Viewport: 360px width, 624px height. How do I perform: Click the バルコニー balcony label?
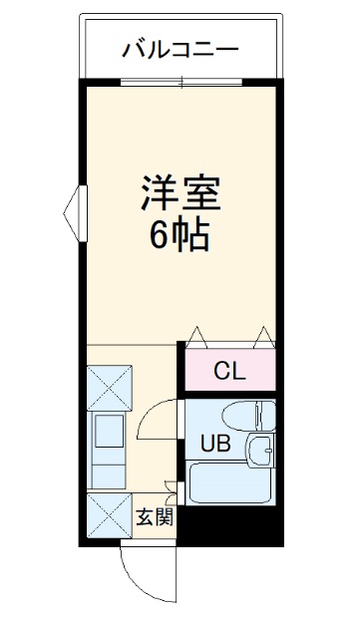click(180, 48)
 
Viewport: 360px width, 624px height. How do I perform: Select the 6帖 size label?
click(180, 235)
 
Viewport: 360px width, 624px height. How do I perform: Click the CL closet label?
click(229, 372)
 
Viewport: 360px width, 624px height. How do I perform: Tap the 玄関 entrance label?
click(155, 516)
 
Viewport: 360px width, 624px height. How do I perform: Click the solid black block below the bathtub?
click(230, 523)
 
